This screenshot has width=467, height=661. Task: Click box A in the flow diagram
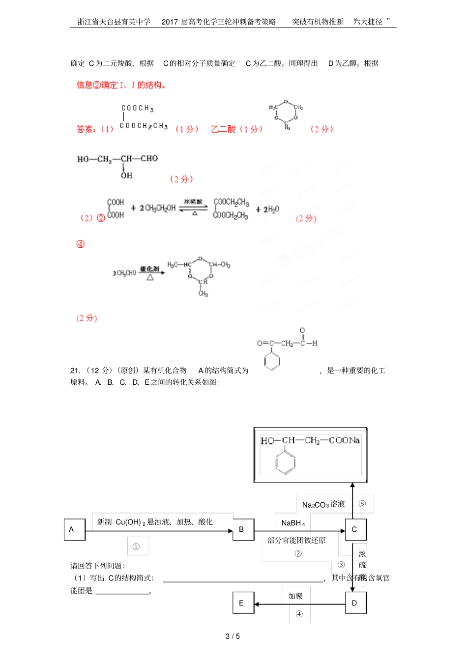(x=74, y=529)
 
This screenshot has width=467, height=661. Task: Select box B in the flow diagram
(x=243, y=529)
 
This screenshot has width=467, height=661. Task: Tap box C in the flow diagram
(x=355, y=529)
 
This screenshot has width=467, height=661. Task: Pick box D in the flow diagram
(x=355, y=603)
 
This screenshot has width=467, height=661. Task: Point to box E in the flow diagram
(x=243, y=603)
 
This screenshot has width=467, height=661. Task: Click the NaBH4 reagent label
(x=293, y=523)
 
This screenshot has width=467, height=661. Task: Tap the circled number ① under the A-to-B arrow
(x=136, y=546)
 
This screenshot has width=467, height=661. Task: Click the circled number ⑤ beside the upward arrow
(x=362, y=504)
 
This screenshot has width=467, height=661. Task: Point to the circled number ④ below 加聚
(x=299, y=614)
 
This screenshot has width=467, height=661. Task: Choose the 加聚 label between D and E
(x=295, y=596)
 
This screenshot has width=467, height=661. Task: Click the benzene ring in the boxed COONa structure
(x=285, y=462)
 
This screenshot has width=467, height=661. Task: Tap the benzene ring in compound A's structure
(x=271, y=361)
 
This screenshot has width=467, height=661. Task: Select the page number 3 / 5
(x=233, y=636)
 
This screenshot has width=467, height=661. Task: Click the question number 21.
(x=75, y=371)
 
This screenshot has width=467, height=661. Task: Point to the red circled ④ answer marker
(x=81, y=244)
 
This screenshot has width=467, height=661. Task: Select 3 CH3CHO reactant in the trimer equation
(x=124, y=273)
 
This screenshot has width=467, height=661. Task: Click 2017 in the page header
(x=170, y=22)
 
